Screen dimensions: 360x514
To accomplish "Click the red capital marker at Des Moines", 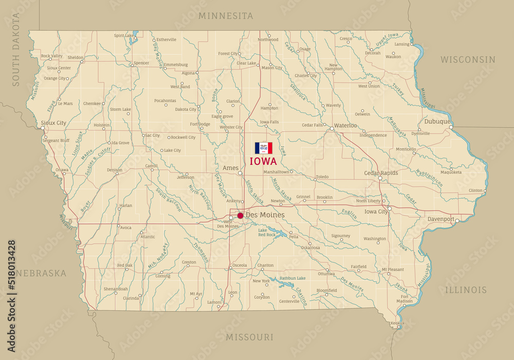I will (240, 215).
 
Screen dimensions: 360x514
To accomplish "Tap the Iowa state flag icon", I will (264, 148).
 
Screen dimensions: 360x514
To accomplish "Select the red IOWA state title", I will (263, 161).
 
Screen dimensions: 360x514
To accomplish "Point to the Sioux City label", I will (53, 123).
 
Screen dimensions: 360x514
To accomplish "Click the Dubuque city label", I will (437, 122).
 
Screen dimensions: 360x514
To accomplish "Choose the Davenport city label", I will (440, 219).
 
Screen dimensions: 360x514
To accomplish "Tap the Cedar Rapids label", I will (381, 173).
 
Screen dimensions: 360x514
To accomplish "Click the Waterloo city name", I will (345, 125).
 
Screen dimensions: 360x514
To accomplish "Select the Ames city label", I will (230, 168).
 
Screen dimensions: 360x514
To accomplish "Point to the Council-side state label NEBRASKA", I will (41, 273).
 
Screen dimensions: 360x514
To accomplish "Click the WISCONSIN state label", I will (468, 60).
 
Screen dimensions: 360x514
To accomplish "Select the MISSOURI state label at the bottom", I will (250, 337).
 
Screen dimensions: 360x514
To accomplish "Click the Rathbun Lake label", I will (293, 278).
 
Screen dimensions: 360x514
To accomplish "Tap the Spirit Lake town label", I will (123, 35).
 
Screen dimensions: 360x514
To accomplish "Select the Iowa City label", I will (376, 211).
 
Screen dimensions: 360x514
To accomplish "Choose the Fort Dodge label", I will (200, 124).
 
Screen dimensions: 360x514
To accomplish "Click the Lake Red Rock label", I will (267, 232).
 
